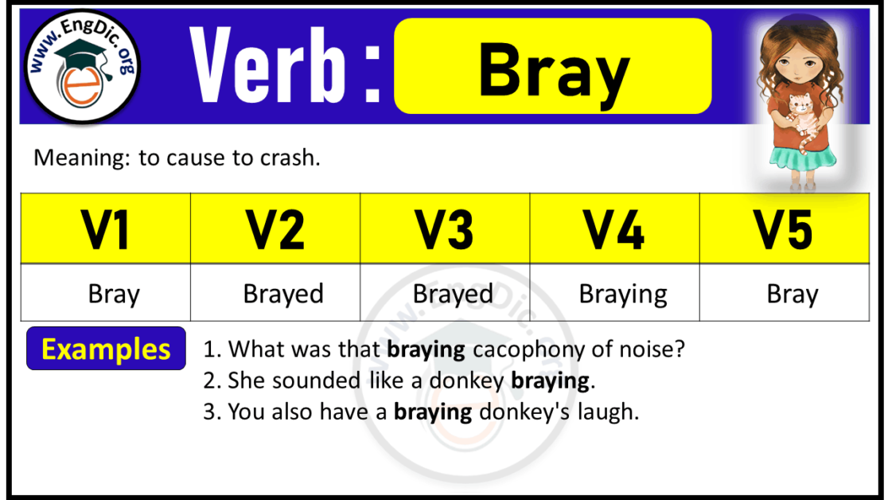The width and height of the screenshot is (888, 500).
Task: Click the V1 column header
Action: click(x=106, y=229)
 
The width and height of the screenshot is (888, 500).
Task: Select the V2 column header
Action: click(x=275, y=229)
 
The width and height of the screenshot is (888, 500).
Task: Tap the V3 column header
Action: click(x=445, y=229)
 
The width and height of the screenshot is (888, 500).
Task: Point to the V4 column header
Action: click(x=614, y=229)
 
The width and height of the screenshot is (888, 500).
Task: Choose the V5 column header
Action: click(x=784, y=229)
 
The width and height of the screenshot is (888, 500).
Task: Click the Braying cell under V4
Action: click(x=623, y=295)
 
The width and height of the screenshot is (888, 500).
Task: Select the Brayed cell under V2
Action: click(x=283, y=295)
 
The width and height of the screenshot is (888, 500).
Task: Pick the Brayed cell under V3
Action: click(x=453, y=295)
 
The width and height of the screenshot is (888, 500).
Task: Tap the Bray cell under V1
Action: click(x=114, y=295)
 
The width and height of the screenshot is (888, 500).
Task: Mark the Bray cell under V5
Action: click(x=793, y=295)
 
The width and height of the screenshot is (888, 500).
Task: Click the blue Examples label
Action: click(x=106, y=349)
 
